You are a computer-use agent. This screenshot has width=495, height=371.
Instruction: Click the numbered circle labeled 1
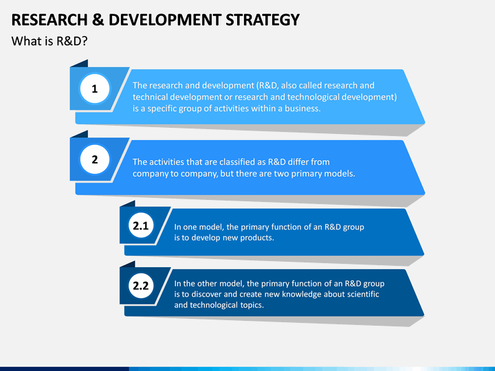click(x=95, y=89)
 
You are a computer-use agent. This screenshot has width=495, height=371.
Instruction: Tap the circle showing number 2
click(x=95, y=160)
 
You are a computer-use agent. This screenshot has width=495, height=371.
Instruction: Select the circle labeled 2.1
click(x=141, y=225)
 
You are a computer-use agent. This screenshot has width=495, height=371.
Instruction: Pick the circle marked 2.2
click(x=141, y=286)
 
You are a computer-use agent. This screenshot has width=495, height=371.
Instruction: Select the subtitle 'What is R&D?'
click(x=49, y=41)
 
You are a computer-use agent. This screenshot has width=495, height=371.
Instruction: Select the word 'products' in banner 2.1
click(x=257, y=238)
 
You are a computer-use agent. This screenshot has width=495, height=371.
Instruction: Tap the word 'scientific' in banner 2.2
click(x=361, y=294)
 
